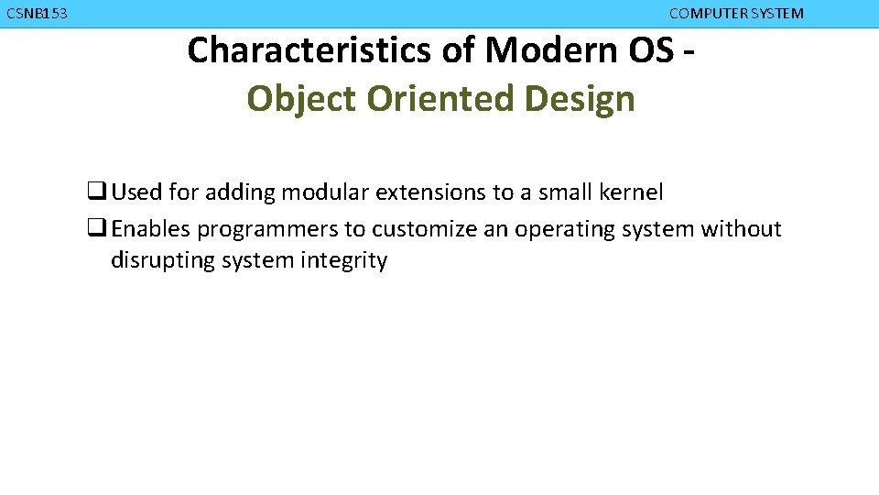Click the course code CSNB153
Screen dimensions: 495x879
(37, 14)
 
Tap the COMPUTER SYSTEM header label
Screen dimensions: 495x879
(736, 14)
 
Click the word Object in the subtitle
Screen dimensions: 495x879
(301, 99)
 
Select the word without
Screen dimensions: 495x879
(741, 228)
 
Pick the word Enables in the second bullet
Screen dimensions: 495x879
(151, 228)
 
